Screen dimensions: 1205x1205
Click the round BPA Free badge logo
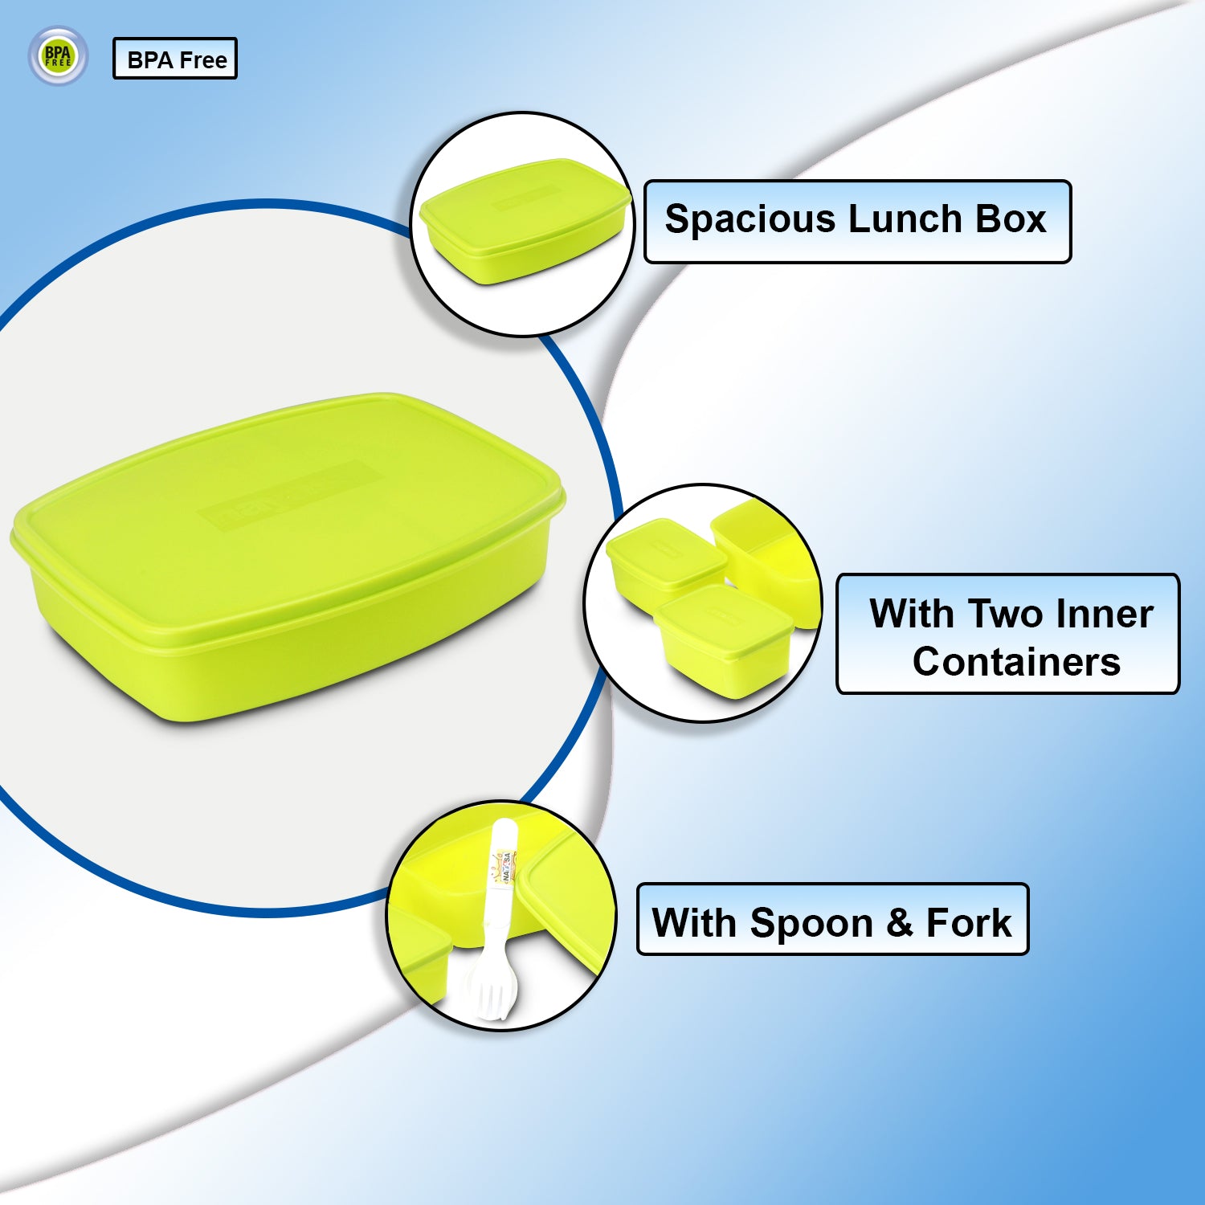58,56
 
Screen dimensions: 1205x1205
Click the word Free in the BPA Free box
203,60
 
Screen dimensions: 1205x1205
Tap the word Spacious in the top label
750,219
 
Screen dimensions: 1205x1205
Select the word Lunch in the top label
905,219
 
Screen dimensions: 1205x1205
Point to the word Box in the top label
1011,219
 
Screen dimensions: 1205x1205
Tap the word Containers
1016,662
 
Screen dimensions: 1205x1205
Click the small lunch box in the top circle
523,221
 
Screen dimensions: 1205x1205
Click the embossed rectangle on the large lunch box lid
289,494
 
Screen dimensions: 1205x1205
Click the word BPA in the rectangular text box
150,60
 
